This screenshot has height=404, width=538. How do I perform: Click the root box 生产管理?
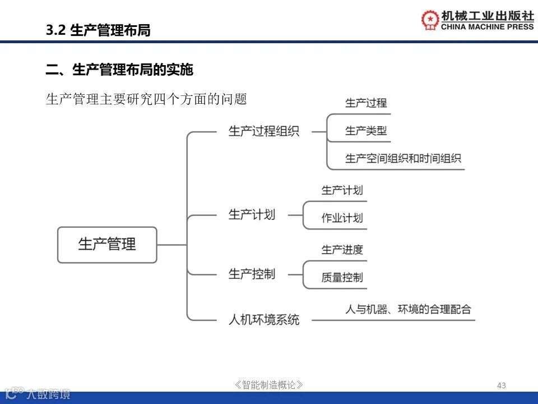pos(107,245)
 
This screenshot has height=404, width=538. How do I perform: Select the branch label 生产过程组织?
pos(263,131)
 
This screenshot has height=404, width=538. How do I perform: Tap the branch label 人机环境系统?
pos(264,320)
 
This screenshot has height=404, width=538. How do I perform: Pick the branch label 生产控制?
pos(252,274)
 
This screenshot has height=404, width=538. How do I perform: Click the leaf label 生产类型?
pos(366,131)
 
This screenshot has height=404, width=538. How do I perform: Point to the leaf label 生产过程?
pos(366,103)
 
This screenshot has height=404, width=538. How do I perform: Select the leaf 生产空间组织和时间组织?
pos(403,159)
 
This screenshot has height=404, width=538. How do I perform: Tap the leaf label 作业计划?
pos(342,218)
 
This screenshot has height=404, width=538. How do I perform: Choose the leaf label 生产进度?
pos(342,250)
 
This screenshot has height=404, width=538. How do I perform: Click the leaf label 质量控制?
pos(342,277)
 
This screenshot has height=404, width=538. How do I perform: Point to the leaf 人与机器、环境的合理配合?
pos(408,309)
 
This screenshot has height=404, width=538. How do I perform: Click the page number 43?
pos(501,385)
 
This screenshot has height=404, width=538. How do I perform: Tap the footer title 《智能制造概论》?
pos(269,385)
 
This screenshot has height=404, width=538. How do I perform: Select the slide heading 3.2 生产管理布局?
pos(98,30)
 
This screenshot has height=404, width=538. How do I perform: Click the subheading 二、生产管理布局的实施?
pos(119,70)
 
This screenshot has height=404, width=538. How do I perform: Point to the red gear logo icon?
pos(430,20)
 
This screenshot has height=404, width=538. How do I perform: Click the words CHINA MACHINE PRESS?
pos(488,27)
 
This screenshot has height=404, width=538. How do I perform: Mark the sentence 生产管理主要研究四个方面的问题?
pos(146,99)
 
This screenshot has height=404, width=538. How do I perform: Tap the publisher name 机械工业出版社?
pos(488,16)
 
